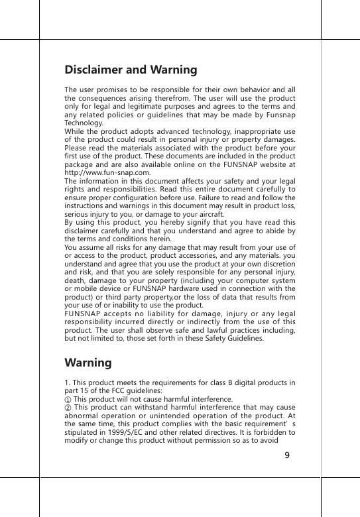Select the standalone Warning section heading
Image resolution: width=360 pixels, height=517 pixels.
(x=88, y=363)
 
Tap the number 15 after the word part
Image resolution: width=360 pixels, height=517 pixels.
(x=89, y=391)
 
